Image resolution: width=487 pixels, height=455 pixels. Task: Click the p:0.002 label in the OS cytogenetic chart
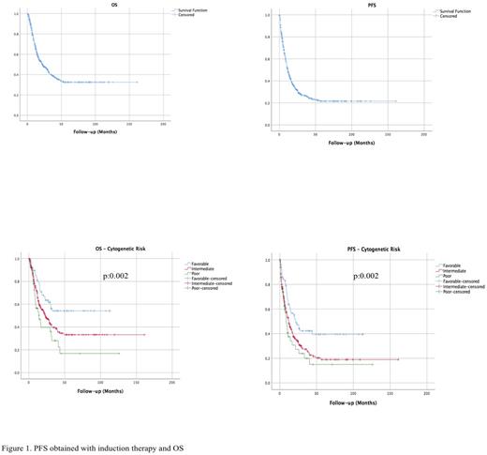pos(119,278)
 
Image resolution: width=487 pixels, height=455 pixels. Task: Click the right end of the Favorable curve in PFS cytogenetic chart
pos(363,334)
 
